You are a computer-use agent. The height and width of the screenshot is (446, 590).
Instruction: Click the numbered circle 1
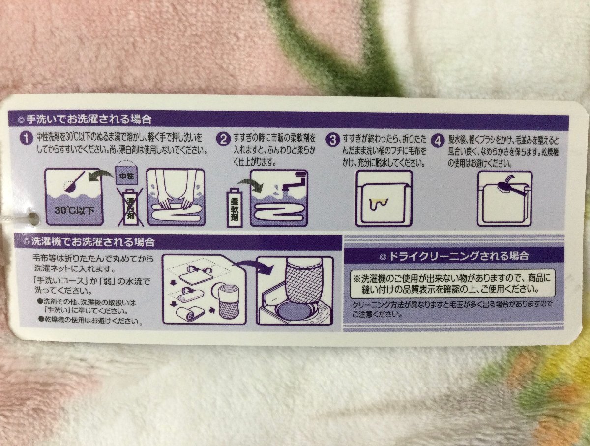tap(26, 140)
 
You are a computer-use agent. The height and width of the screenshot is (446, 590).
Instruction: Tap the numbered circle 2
tap(224, 140)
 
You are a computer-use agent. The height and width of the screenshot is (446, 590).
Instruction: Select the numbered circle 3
tap(333, 140)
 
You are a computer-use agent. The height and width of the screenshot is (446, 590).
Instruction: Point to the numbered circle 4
tap(438, 141)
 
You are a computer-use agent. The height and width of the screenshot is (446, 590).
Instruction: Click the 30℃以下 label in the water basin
tap(74, 210)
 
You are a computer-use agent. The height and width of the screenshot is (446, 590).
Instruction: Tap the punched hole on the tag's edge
tap(34, 218)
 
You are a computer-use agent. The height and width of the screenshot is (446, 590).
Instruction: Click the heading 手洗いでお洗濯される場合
tap(88, 119)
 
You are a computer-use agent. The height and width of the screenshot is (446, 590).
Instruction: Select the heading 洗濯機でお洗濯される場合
tap(93, 242)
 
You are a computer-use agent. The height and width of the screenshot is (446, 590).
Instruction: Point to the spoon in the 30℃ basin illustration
tap(75, 182)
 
